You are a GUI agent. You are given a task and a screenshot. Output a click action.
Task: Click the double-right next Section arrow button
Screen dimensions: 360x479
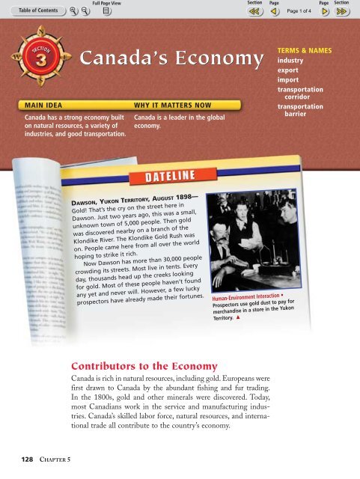[x=343, y=13]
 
